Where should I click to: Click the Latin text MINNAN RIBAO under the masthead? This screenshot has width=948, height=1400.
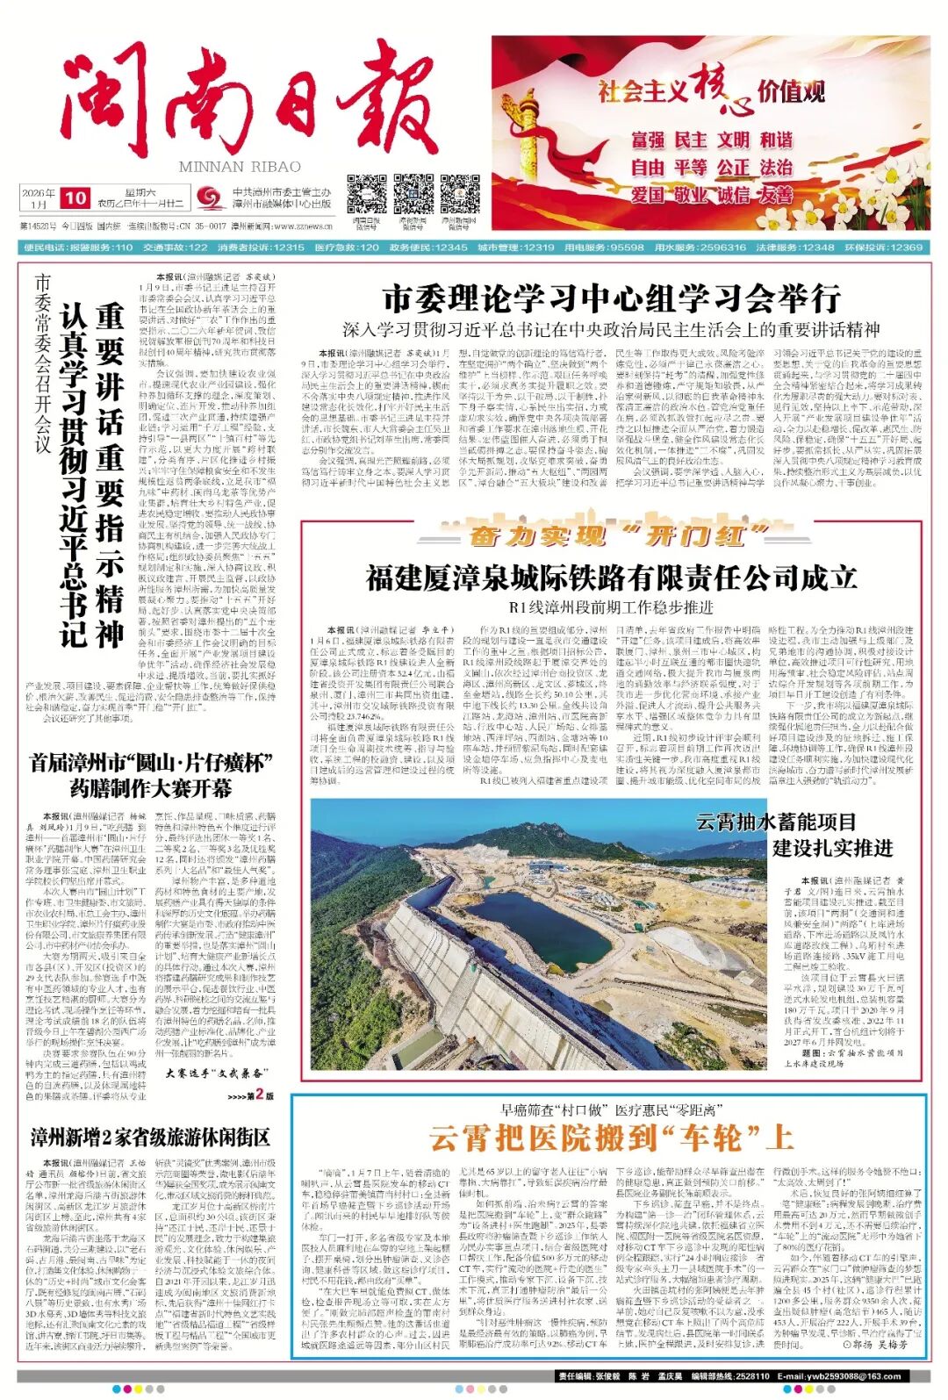coord(239,167)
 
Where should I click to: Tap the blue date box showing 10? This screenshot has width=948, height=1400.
coord(76,198)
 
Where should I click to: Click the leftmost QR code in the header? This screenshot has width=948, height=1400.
coord(366,194)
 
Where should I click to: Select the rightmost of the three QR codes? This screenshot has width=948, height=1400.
coord(459,194)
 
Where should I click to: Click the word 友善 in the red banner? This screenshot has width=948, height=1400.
coord(776,194)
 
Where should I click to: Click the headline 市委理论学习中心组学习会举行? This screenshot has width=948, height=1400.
coord(611,299)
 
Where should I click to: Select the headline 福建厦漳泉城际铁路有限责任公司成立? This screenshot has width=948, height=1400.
coord(611,578)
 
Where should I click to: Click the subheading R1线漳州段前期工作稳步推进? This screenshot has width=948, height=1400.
coord(611,607)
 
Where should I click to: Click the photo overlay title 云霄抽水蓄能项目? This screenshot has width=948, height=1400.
coord(775,822)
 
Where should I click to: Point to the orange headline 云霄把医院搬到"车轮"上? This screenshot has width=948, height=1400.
coord(611,1138)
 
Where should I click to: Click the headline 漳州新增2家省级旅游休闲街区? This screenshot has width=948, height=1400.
coord(150,1138)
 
